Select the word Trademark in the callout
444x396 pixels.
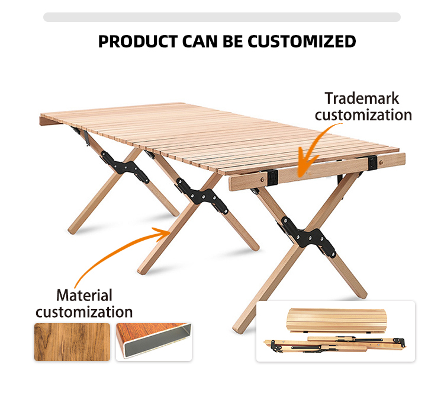(x=362, y=98)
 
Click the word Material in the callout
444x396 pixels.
(x=83, y=295)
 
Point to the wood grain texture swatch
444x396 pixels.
(x=71, y=341)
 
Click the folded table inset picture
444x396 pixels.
(x=335, y=331)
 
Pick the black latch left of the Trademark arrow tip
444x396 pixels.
(x=272, y=176)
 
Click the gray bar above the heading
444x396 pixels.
(x=222, y=17)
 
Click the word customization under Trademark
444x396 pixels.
(x=363, y=114)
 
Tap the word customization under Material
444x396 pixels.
(x=84, y=311)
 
